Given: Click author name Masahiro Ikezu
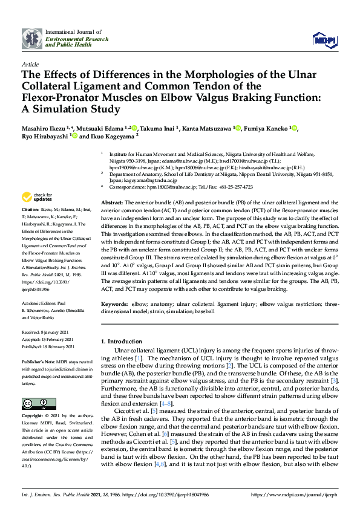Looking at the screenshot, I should [45, 128].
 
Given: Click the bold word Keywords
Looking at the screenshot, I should [114, 303].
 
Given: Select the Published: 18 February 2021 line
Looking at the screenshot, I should [49, 346].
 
